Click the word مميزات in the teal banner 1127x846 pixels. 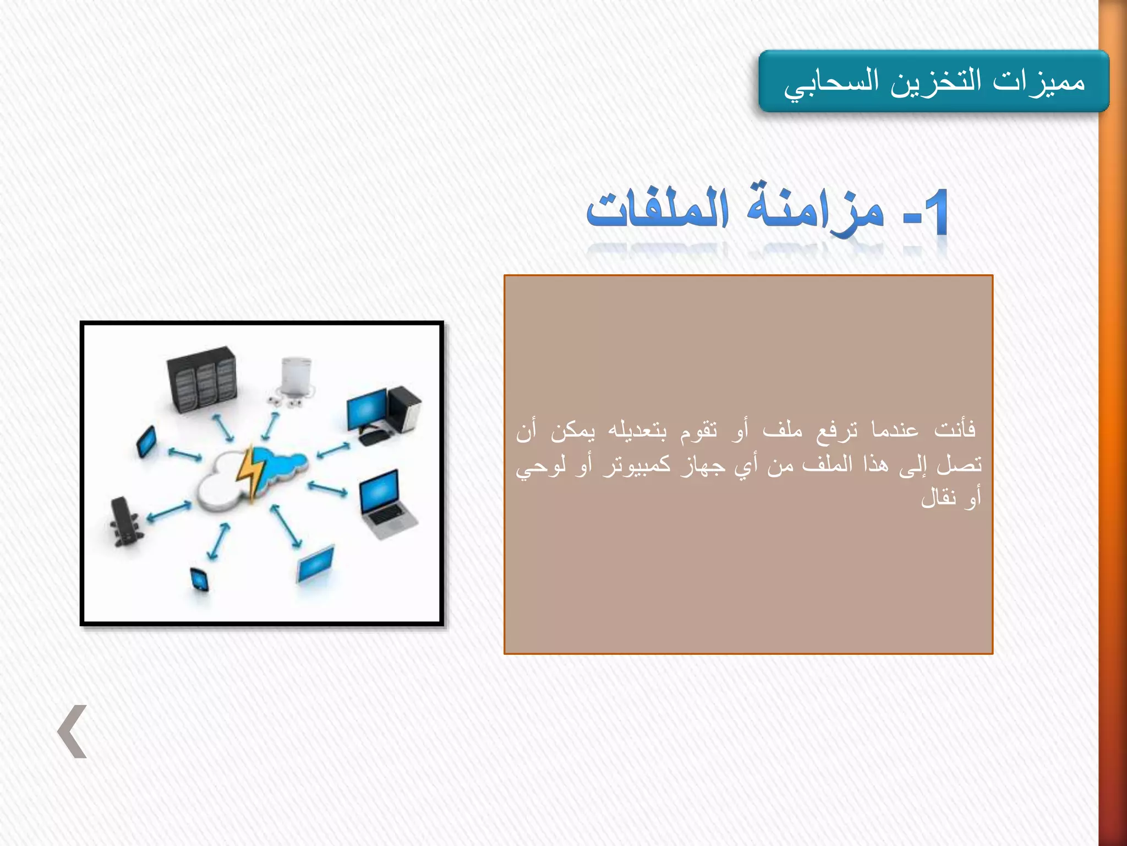(x=1039, y=82)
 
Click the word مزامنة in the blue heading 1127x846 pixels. (x=814, y=211)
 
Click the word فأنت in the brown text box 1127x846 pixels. (x=955, y=429)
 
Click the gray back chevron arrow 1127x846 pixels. (x=73, y=731)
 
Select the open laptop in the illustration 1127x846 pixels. (x=385, y=504)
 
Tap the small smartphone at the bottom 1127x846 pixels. (x=199, y=579)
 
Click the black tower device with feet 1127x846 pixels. (x=124, y=521)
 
